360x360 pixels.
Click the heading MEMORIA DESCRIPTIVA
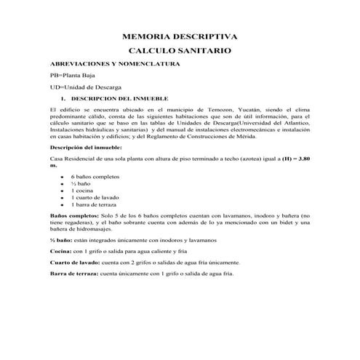pyautogui.click(x=179, y=36)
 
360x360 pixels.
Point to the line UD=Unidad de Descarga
pyautogui.click(x=86, y=87)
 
